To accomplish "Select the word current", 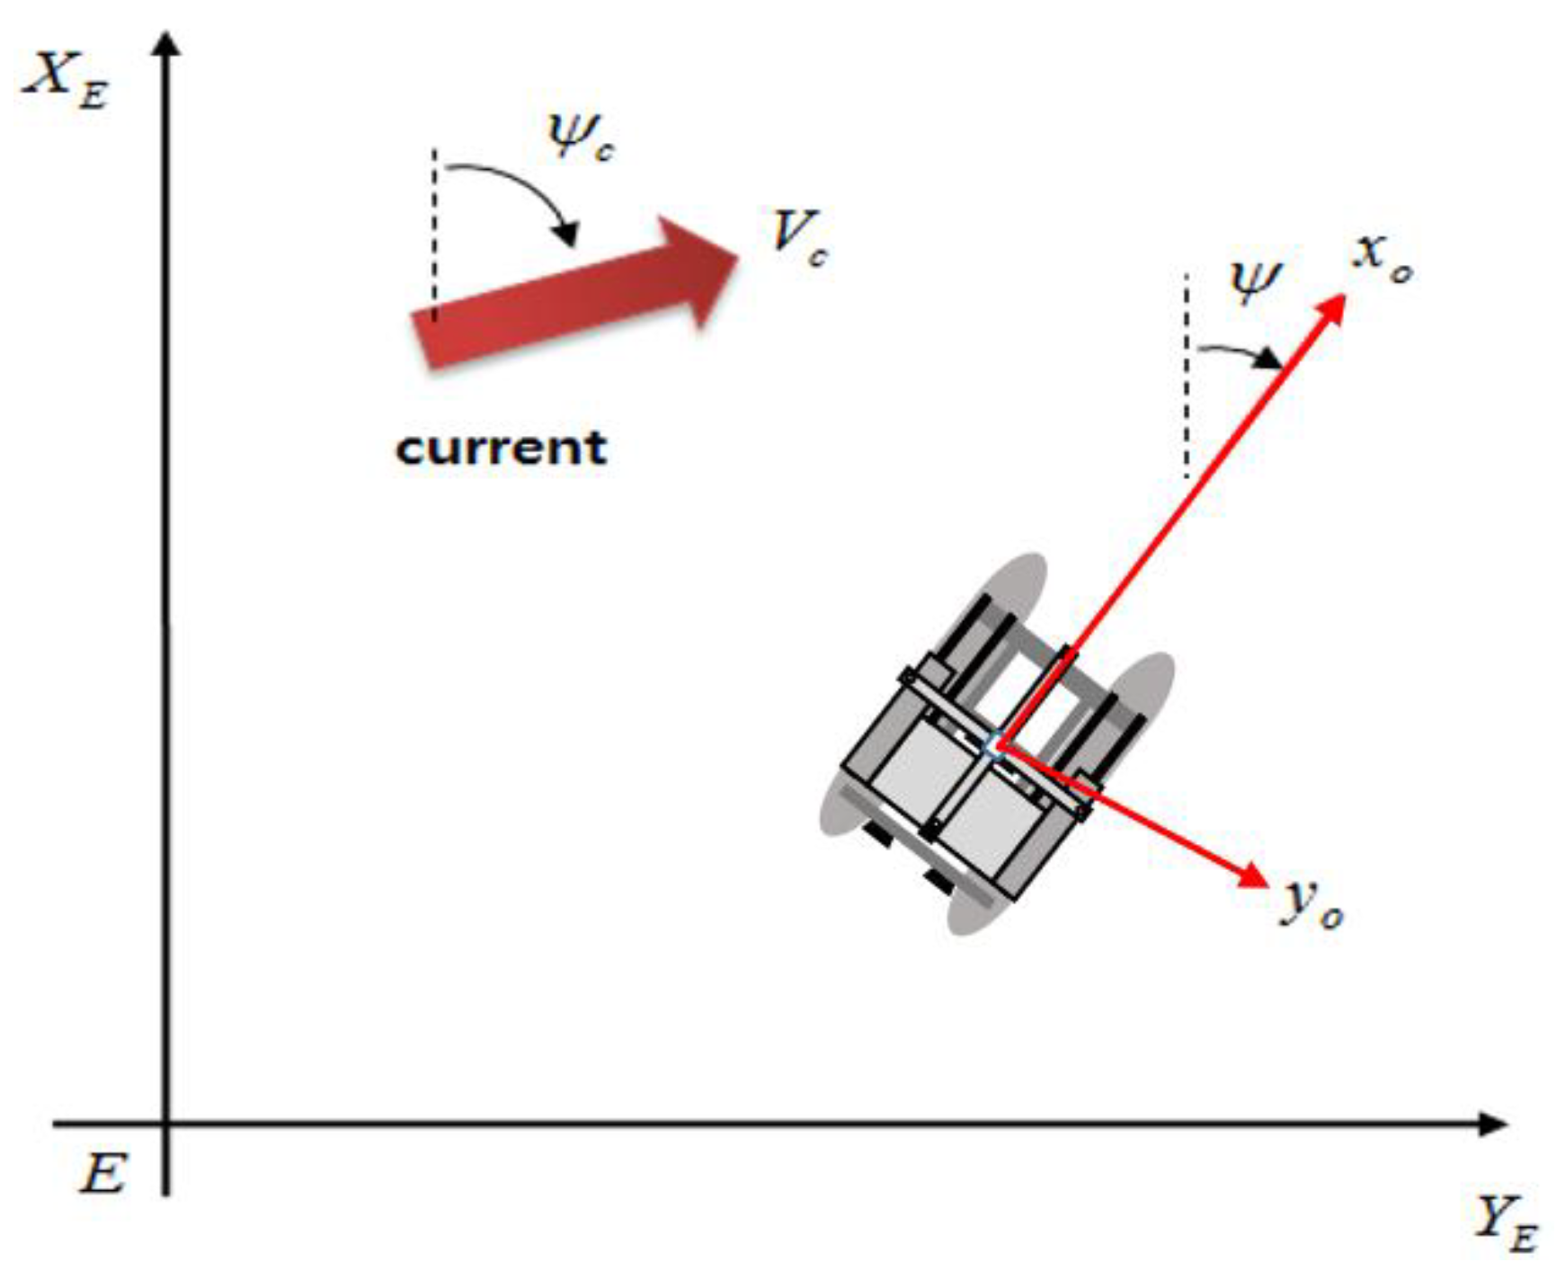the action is coord(501,447).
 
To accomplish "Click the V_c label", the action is coord(798,238).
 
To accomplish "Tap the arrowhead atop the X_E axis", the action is coord(165,45).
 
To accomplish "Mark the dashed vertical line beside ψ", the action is coord(1187,378).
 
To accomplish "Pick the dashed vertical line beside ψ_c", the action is coord(434,234).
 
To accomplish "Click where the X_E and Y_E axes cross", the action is coord(165,1124).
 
